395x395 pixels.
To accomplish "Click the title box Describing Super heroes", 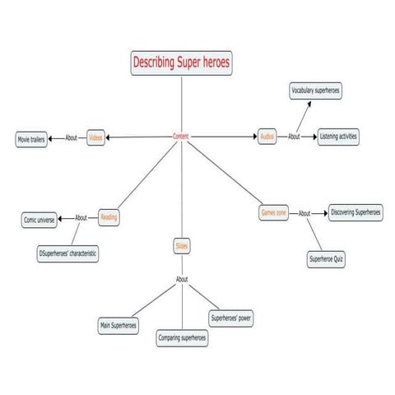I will click(x=181, y=63).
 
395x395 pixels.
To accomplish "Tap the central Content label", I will click(x=182, y=136).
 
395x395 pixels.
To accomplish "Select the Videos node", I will click(x=96, y=137).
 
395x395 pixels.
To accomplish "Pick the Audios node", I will click(x=267, y=137).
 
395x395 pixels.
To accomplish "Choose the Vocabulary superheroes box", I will click(x=316, y=91).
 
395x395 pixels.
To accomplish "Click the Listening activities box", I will click(x=338, y=137).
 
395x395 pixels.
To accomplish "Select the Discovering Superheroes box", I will click(x=355, y=212).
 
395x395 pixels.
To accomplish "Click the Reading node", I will click(x=109, y=217).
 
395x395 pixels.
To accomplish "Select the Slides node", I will click(x=181, y=245).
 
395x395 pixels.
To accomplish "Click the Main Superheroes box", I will click(x=118, y=326).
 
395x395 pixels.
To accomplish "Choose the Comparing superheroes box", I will click(x=182, y=337).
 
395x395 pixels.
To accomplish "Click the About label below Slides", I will click(x=182, y=280).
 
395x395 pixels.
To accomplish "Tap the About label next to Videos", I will click(x=72, y=137).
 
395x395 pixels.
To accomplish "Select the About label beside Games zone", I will click(x=304, y=213).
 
